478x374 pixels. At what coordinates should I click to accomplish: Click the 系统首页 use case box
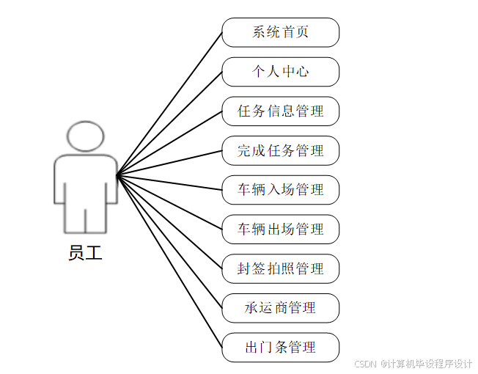(280, 32)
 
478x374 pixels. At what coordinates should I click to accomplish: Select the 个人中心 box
(280, 72)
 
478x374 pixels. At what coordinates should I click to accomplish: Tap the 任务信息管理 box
(280, 111)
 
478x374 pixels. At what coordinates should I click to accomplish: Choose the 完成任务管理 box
(280, 151)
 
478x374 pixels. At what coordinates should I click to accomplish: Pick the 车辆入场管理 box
(280, 190)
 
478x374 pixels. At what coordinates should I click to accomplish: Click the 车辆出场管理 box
(280, 230)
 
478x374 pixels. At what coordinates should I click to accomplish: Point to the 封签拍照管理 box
(280, 269)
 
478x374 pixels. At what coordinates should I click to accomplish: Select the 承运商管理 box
(280, 308)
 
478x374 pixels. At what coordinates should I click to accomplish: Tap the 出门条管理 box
(280, 348)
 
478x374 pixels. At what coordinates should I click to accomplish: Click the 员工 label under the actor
(85, 254)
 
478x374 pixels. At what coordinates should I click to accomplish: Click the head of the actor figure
(85, 137)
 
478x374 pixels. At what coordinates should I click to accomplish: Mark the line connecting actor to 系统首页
(169, 103)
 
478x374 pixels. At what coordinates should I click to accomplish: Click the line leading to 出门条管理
(169, 261)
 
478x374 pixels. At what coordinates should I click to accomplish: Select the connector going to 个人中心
(169, 123)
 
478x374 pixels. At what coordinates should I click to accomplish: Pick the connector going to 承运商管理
(169, 241)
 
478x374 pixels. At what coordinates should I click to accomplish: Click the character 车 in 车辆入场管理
(244, 190)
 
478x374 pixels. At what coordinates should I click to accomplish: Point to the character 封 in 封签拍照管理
(244, 269)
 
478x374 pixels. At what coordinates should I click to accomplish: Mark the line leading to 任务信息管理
(169, 143)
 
